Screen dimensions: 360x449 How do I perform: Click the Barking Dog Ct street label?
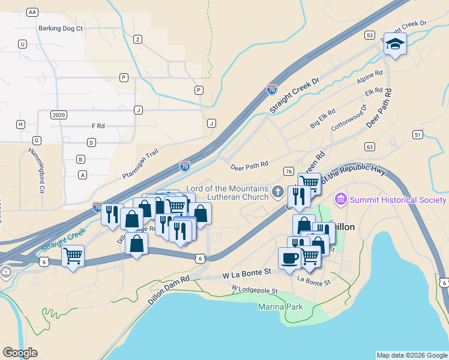[60, 28]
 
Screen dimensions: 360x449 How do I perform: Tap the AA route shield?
[32, 12]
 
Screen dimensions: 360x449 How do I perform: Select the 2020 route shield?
[58, 115]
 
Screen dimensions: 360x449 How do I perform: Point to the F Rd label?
[98, 126]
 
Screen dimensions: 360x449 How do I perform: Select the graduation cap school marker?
[396, 44]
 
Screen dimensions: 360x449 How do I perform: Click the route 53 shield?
[369, 35]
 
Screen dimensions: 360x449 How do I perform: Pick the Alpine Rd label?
[369, 77]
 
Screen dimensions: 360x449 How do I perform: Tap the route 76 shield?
[289, 172]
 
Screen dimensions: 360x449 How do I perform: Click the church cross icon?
[277, 193]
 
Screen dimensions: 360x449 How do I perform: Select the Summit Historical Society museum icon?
[341, 199]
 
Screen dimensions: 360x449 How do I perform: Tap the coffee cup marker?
[289, 258]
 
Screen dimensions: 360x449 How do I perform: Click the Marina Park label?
[281, 307]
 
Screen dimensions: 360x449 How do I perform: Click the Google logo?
[20, 353]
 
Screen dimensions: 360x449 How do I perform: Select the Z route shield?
[137, 39]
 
